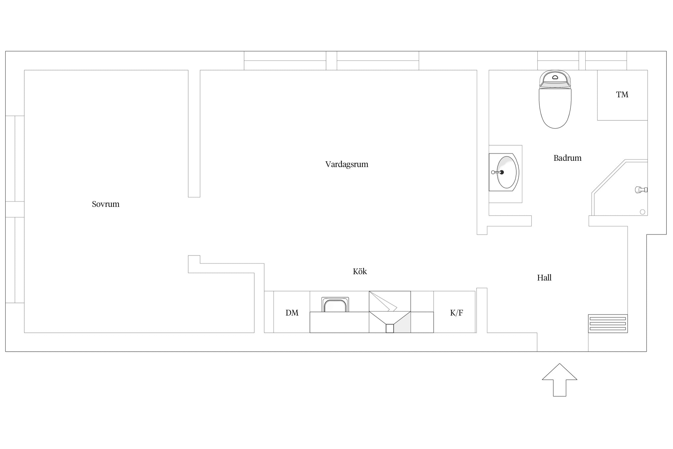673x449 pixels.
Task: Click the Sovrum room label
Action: (106, 204)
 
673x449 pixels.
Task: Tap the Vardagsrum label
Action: (347, 164)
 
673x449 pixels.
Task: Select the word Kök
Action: (360, 271)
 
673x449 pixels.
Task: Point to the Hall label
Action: (544, 278)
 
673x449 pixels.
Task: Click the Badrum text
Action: (567, 158)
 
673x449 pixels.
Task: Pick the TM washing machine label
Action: (622, 95)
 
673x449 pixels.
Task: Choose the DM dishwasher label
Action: (292, 313)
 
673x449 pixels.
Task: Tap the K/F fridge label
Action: (456, 313)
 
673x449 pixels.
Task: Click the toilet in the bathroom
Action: (555, 99)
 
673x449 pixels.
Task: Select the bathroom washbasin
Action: (504, 172)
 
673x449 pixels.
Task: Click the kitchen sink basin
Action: (335, 305)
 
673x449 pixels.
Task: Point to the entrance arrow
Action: (559, 380)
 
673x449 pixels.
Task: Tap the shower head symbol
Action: (641, 190)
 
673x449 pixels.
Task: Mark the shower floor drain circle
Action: (642, 212)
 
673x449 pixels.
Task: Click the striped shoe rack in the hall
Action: (608, 324)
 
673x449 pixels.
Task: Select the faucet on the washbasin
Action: (498, 172)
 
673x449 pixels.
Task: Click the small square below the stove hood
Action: (390, 328)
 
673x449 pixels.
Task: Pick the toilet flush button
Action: (555, 77)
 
